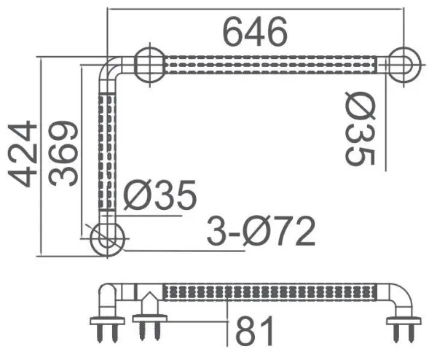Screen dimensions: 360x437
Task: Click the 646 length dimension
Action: [255, 31]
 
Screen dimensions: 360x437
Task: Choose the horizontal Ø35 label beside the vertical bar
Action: [160, 195]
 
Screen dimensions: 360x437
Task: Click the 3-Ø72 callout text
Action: [261, 232]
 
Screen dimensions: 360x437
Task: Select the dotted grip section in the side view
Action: [269, 293]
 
